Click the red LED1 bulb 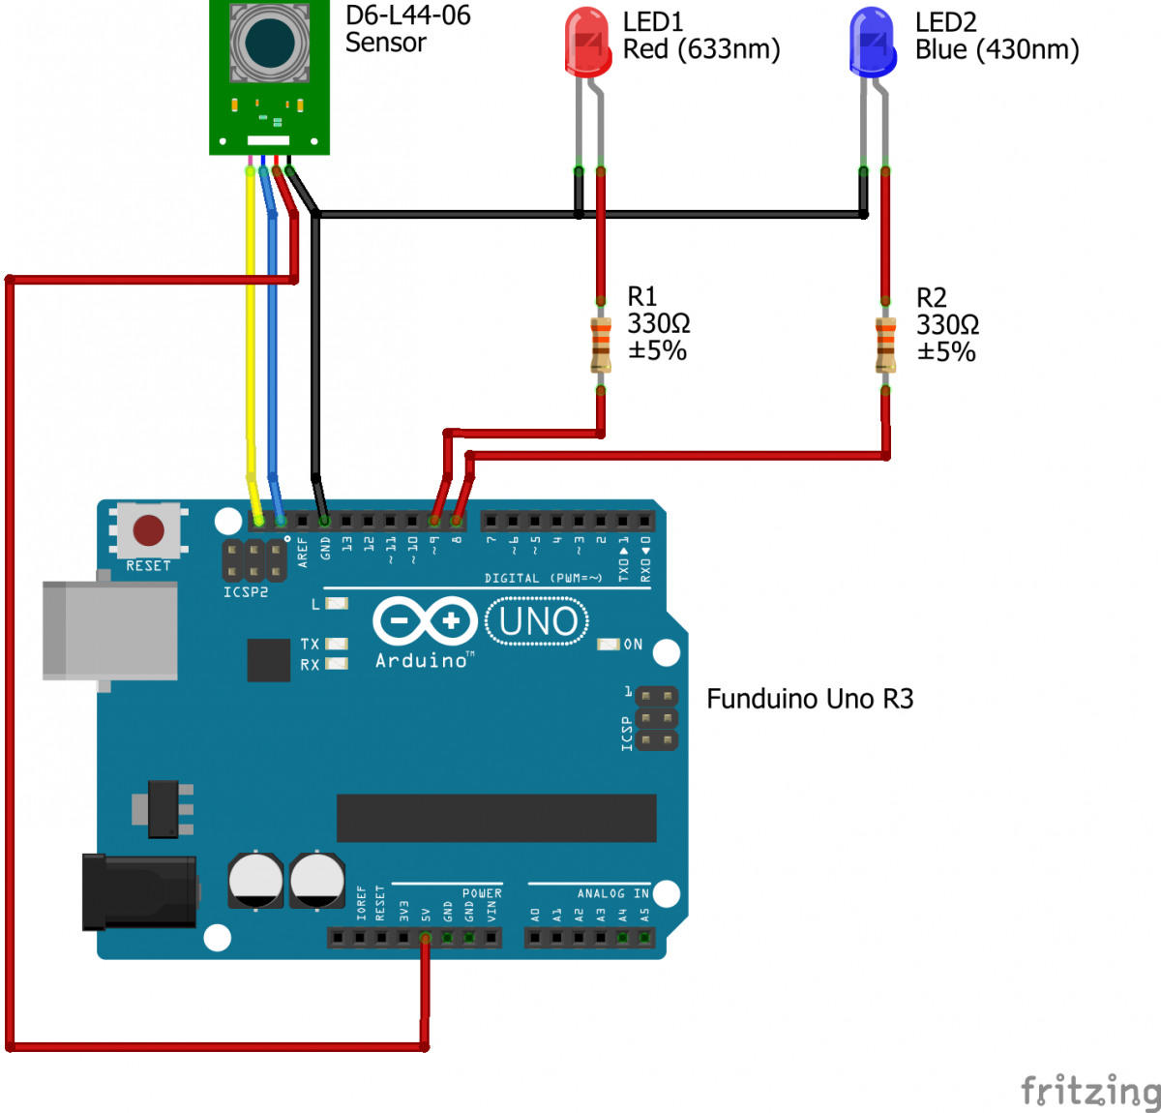588,42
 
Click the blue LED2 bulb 873,42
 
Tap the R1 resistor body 601,344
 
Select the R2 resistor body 885,345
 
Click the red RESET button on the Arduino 148,529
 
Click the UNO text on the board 538,621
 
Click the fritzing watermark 1090,1090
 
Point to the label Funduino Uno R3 810,699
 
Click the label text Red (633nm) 701,49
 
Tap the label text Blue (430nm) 997,49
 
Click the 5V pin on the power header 426,937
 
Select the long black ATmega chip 496,818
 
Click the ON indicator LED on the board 609,645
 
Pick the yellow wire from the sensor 251,339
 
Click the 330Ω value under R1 659,323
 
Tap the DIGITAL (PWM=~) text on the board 543,578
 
